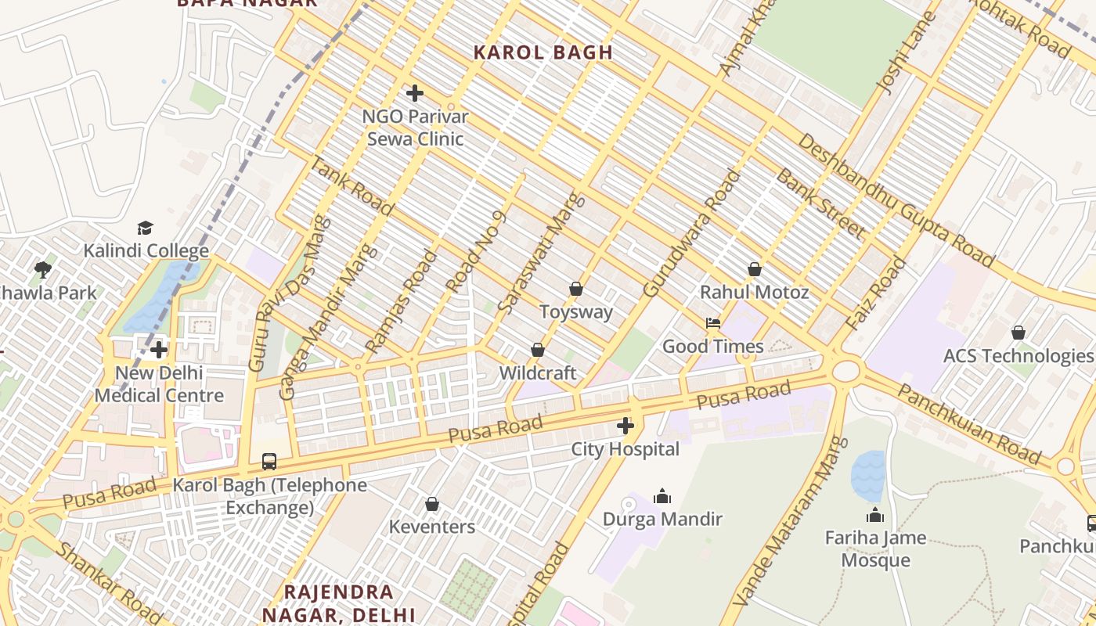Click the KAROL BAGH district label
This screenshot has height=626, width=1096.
[x=543, y=52]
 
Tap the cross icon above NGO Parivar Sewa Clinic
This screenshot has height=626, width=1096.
[x=415, y=94]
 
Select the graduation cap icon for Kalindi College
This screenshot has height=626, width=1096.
[x=146, y=228]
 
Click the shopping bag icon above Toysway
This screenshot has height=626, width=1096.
[x=576, y=289]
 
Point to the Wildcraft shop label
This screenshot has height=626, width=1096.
[x=537, y=373]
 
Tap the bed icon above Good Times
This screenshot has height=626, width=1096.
[x=713, y=322]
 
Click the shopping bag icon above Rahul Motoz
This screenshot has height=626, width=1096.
[x=755, y=269]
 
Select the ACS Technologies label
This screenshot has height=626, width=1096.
[x=1018, y=356]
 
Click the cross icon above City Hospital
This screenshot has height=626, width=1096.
[x=626, y=426]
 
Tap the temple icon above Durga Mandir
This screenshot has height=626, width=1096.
[x=662, y=496]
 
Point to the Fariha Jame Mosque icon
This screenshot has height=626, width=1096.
[x=875, y=515]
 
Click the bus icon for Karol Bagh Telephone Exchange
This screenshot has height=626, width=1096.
[x=269, y=461]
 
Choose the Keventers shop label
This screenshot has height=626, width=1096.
[x=432, y=527]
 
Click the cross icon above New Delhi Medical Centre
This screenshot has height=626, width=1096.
[x=159, y=349]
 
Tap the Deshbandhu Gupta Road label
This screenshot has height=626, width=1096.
[x=896, y=200]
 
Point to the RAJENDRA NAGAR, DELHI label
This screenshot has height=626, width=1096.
[x=338, y=603]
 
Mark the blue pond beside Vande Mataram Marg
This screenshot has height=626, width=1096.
[x=867, y=475]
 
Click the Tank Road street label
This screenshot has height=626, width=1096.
[x=352, y=186]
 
